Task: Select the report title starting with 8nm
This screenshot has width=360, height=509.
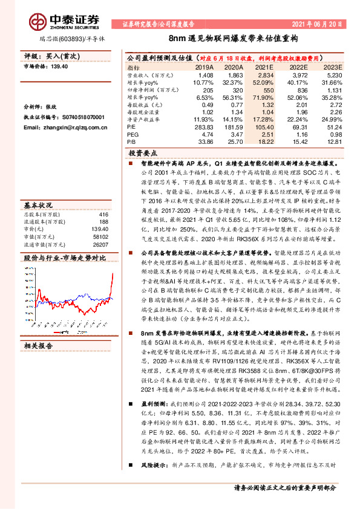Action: click(x=180, y=37)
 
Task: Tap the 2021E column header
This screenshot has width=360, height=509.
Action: click(x=264, y=66)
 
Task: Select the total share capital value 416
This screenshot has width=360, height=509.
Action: click(x=103, y=198)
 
